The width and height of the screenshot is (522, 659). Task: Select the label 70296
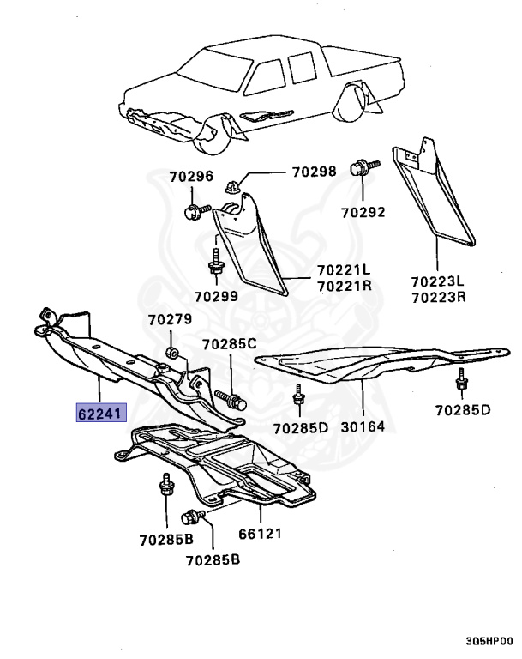coord(190,177)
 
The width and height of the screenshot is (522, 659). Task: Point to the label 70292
coord(363,211)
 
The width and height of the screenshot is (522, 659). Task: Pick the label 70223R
coord(437,298)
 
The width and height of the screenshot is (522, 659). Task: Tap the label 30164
coord(365,426)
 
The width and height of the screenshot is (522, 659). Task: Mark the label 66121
coord(261,534)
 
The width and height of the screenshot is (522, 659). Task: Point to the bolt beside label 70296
coord(194,211)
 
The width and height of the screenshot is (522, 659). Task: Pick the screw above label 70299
coord(216,261)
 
